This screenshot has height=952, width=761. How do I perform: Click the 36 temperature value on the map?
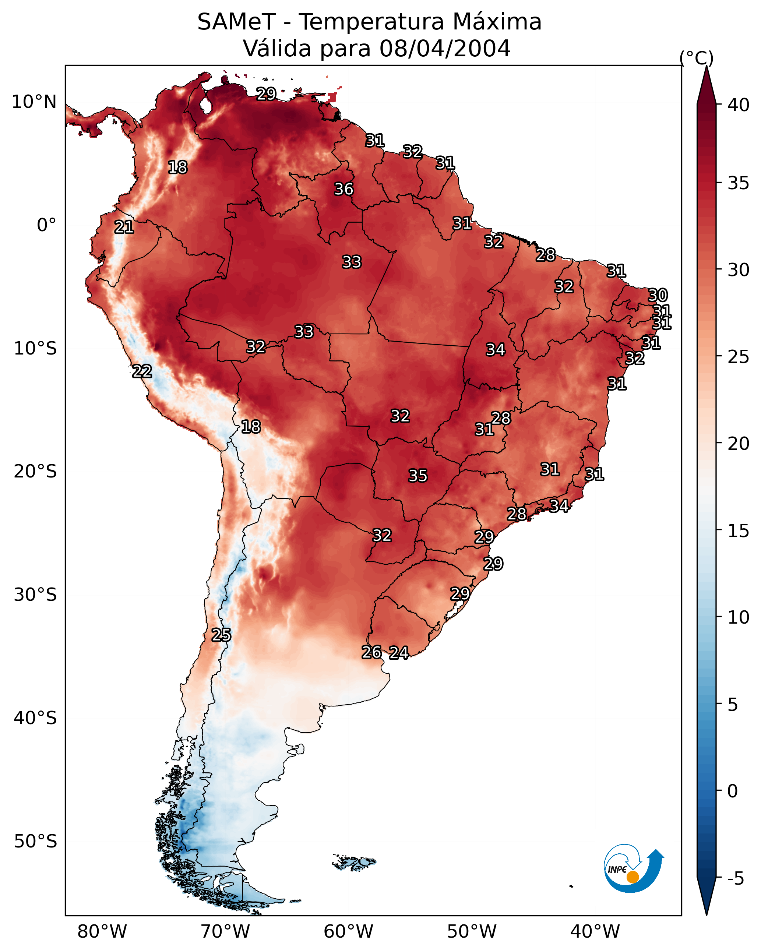click(343, 189)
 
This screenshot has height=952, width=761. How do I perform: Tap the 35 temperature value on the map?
click(418, 476)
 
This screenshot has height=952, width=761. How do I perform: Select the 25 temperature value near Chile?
click(221, 635)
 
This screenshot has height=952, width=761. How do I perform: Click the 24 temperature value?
click(399, 652)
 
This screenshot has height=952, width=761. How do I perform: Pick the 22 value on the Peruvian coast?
click(142, 371)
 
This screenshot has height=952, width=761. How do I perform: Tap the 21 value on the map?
click(124, 227)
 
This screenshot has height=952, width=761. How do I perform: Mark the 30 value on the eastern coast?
click(657, 295)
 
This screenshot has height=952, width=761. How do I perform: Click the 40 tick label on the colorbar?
click(739, 105)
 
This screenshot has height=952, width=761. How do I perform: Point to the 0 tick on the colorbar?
click(733, 791)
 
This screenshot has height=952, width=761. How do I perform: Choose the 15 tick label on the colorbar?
click(739, 531)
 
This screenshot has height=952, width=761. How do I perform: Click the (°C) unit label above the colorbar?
click(696, 58)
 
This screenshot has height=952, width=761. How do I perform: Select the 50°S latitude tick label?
click(35, 841)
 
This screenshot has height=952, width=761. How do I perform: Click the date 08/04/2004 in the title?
click(445, 48)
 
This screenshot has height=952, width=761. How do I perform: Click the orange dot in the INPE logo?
click(633, 877)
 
